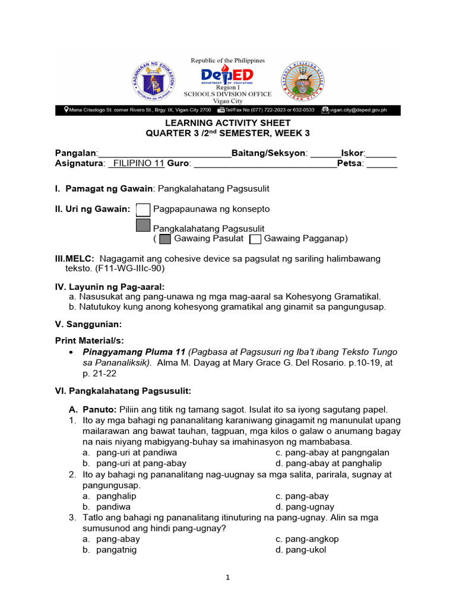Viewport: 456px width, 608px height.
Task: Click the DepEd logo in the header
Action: point(227,76)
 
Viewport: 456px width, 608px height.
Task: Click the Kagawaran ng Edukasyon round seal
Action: point(153,80)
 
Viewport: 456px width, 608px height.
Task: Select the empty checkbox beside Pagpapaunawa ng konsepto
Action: point(143,210)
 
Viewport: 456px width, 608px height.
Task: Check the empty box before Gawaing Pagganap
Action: point(255,239)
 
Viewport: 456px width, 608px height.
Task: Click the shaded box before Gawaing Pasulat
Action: point(166,239)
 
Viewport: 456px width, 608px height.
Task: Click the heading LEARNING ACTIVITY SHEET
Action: point(227,123)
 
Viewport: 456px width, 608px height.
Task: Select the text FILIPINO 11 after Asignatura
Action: point(138,164)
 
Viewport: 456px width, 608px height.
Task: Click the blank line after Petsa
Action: point(382,164)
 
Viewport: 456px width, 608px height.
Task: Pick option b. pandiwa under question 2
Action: point(106,507)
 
